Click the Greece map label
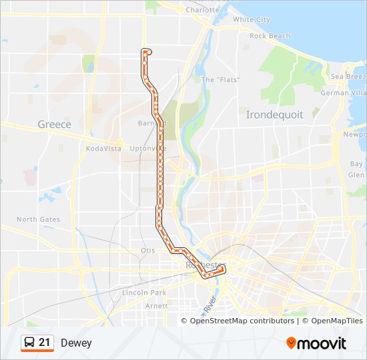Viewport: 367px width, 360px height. click(x=54, y=124)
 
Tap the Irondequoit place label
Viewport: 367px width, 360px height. click(x=274, y=115)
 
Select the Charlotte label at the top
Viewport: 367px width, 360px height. click(x=202, y=11)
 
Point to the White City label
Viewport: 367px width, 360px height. click(x=252, y=20)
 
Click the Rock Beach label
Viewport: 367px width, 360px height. click(x=270, y=36)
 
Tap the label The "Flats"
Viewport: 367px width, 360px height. click(x=220, y=80)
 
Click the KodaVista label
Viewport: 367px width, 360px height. click(x=105, y=148)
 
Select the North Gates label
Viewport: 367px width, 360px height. click(x=38, y=219)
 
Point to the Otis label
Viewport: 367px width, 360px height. click(x=147, y=250)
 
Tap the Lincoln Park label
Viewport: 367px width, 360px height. click(x=144, y=293)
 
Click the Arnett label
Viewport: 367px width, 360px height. click(x=157, y=305)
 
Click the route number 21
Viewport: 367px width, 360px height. click(x=45, y=343)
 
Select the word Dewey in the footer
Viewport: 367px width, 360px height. click(x=76, y=343)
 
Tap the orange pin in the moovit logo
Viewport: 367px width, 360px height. click(x=292, y=343)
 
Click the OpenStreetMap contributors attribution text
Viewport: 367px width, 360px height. click(x=242, y=321)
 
